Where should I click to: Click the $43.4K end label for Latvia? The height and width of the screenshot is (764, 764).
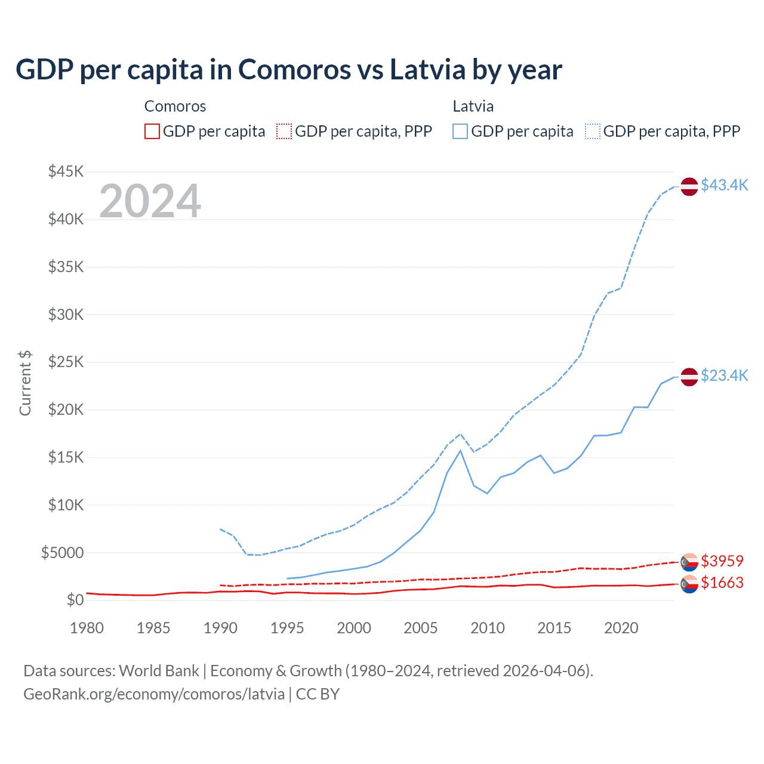point(724,185)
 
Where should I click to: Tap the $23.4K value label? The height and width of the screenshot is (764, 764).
point(724,375)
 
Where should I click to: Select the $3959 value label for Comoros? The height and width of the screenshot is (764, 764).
point(722,561)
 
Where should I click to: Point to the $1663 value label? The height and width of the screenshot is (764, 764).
point(722,583)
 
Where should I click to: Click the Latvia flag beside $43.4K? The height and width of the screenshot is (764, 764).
point(689,186)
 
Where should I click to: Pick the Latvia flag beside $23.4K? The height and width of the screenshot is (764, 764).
point(689,377)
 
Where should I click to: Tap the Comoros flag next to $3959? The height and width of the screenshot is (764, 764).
point(689,562)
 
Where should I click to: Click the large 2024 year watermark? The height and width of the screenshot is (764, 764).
point(150,201)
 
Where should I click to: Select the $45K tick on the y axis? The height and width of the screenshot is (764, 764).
point(66,172)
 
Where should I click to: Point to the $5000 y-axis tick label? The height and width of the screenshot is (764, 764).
point(63,553)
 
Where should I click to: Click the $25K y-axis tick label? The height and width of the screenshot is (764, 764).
point(66,362)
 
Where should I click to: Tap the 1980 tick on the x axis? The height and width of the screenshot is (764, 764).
point(87,628)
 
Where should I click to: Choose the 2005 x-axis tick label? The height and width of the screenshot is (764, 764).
point(421,628)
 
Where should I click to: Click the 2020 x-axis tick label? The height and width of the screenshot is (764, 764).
point(621,628)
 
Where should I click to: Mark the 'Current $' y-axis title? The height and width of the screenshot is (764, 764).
point(25,383)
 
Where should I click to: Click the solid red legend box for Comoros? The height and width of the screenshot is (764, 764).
point(152,131)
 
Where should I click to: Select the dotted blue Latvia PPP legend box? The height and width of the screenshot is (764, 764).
point(593,131)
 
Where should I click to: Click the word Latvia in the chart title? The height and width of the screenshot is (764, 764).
point(427,69)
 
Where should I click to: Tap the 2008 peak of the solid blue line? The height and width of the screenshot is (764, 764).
point(460,451)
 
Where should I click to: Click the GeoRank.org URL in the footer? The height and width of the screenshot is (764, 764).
point(154,694)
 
